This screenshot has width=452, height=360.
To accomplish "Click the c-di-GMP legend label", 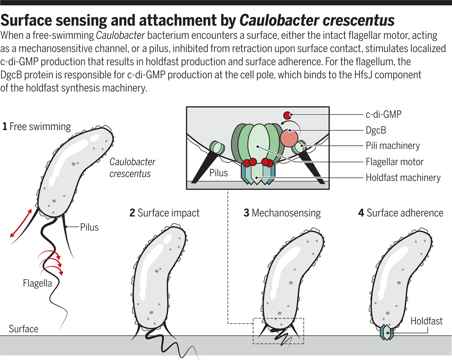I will (383, 114).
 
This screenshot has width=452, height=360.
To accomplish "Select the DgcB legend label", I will (376, 130).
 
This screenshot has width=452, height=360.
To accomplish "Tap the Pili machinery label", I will (393, 146).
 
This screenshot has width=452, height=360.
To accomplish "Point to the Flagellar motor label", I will (394, 162).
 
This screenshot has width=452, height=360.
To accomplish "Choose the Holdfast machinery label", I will (403, 178).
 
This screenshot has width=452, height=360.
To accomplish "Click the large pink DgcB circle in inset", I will (289, 138).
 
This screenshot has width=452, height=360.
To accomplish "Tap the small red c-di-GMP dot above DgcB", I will (287, 115).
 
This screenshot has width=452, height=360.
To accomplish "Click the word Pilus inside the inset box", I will (219, 173).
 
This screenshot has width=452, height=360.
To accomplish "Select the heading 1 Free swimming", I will (36, 127).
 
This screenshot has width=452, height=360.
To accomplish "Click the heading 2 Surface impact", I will (165, 213).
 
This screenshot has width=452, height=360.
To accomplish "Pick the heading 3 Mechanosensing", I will (282, 213).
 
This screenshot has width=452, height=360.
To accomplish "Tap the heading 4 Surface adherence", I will (401, 213).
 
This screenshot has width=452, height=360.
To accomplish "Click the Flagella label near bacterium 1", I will (37, 283).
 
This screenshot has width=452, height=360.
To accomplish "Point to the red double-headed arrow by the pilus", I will (21, 223).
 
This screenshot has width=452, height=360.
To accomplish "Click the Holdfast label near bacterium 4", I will (426, 321).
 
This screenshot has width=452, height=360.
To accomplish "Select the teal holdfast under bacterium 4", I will (387, 332).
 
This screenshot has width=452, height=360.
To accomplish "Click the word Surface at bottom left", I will (23, 329).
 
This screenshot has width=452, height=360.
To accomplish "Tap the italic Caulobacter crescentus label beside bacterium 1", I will (132, 168).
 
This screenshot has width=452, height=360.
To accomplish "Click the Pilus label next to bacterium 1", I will (89, 227).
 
